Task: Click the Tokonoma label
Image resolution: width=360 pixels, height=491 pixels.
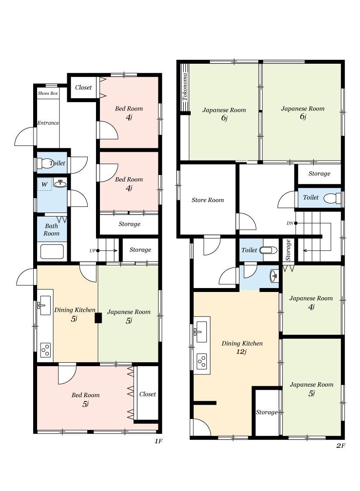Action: coord(185,87)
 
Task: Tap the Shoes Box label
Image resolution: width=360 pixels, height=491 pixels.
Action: coord(48,93)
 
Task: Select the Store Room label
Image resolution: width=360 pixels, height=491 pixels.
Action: coord(208,200)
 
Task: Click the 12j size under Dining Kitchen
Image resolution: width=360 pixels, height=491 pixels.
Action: coord(241,352)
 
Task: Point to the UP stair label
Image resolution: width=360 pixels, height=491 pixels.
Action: coord(93,251)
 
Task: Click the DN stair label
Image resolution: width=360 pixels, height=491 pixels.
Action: coord(290,223)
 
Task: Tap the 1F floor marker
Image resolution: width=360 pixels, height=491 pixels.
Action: coord(158,441)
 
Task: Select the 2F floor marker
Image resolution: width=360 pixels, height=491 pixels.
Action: coord(341,445)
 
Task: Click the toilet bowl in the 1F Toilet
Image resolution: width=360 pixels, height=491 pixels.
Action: coord(45,163)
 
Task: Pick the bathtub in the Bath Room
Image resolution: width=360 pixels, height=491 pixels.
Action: coord(52,251)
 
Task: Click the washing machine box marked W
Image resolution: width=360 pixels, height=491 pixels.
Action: coord(45,184)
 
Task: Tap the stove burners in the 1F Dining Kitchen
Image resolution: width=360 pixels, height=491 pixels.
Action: coord(45,350)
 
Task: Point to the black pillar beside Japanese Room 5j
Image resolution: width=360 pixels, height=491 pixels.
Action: coord(98,318)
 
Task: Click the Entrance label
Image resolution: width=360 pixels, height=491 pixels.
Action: coord(48,123)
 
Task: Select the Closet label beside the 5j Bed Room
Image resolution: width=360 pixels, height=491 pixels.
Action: coord(147,394)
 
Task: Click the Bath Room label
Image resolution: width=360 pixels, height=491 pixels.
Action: coord(51,230)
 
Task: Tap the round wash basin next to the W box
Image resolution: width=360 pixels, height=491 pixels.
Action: coord(60,184)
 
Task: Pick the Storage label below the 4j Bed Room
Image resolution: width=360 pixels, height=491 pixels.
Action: coord(129,224)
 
